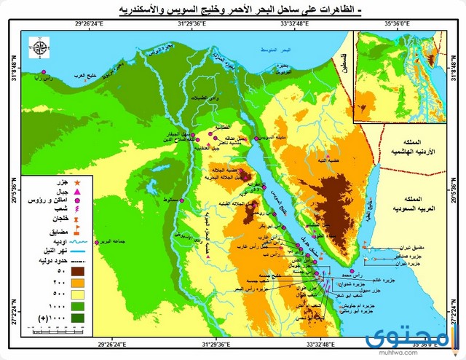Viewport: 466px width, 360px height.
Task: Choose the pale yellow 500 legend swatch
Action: coord(77,294)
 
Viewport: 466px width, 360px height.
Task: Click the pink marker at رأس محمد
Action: coord(323,274)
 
